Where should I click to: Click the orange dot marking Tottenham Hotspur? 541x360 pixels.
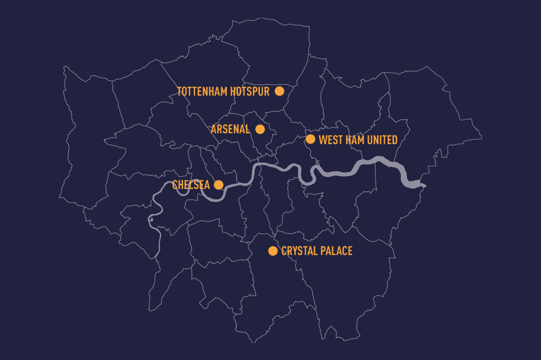tap(279, 91)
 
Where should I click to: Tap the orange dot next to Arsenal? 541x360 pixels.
tap(260, 129)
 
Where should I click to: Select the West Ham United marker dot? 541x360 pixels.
tap(310, 139)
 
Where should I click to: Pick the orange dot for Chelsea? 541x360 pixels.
tap(218, 184)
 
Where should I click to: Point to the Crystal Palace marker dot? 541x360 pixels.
tap(273, 251)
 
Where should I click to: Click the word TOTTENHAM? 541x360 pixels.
tap(202, 91)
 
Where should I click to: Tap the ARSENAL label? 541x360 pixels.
tap(230, 129)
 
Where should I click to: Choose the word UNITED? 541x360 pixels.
tap(382, 140)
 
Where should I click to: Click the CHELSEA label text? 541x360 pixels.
tap(191, 185)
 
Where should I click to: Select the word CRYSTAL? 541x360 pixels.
tap(299, 251)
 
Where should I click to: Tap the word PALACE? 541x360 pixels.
tap(336, 251)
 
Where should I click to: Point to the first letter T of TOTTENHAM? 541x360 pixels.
tap(179, 91)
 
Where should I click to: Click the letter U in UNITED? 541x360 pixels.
tap(370, 140)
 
